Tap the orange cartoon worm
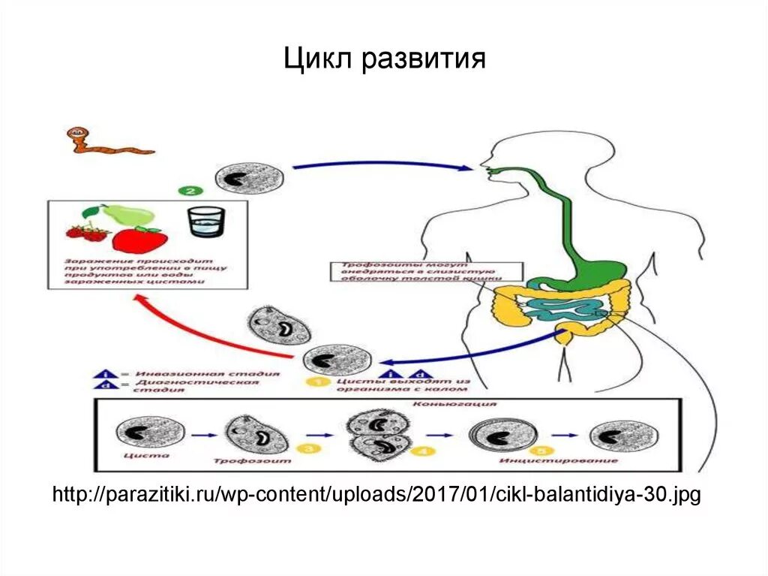(105, 142)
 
